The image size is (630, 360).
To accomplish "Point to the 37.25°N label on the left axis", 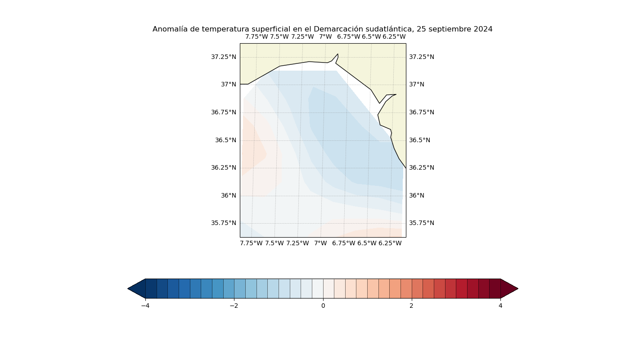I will pos(224,57).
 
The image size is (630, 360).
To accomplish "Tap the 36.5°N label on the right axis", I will pos(419,140).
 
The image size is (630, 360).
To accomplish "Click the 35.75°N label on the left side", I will pos(224,223).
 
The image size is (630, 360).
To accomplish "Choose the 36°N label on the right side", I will pos(417,195).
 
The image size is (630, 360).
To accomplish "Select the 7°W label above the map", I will pos(325,36).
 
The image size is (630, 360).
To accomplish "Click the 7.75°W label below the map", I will pos(251,243).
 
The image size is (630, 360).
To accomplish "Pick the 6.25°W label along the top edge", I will pos(394,36).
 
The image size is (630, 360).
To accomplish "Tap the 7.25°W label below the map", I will pos(297,243).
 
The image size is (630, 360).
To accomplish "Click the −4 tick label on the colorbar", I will pos(145,306).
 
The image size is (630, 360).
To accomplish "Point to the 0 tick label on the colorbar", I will pos(323,306).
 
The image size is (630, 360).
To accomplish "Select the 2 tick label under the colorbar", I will pos(411,306).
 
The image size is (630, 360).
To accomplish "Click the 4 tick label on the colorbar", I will pos(500,306).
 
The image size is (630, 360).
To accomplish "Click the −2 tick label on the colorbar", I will pos(234,306).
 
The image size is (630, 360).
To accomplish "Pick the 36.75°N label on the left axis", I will pos(224,112).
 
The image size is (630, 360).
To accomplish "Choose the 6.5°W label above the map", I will pos(371,36).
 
